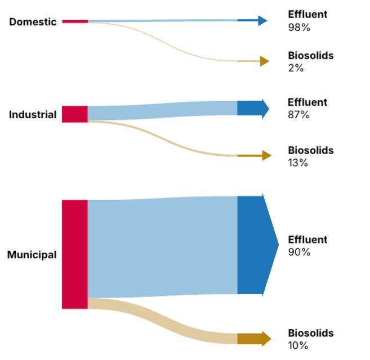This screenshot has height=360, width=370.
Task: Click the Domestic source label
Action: pyautogui.click(x=33, y=22)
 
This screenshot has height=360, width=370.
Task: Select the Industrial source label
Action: pyautogui.click(x=33, y=115)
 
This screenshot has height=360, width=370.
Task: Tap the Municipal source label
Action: pyautogui.click(x=32, y=254)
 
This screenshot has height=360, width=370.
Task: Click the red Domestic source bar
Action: pyautogui.click(x=75, y=21)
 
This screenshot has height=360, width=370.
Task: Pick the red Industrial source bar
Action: pyautogui.click(x=75, y=114)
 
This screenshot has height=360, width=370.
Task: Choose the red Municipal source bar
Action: pyautogui.click(x=75, y=254)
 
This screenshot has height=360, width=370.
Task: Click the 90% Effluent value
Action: pyautogui.click(x=299, y=252)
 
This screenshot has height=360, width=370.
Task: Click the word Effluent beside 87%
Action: pyautogui.click(x=307, y=102)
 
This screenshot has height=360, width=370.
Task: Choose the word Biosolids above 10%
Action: pyautogui.click(x=310, y=333)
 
